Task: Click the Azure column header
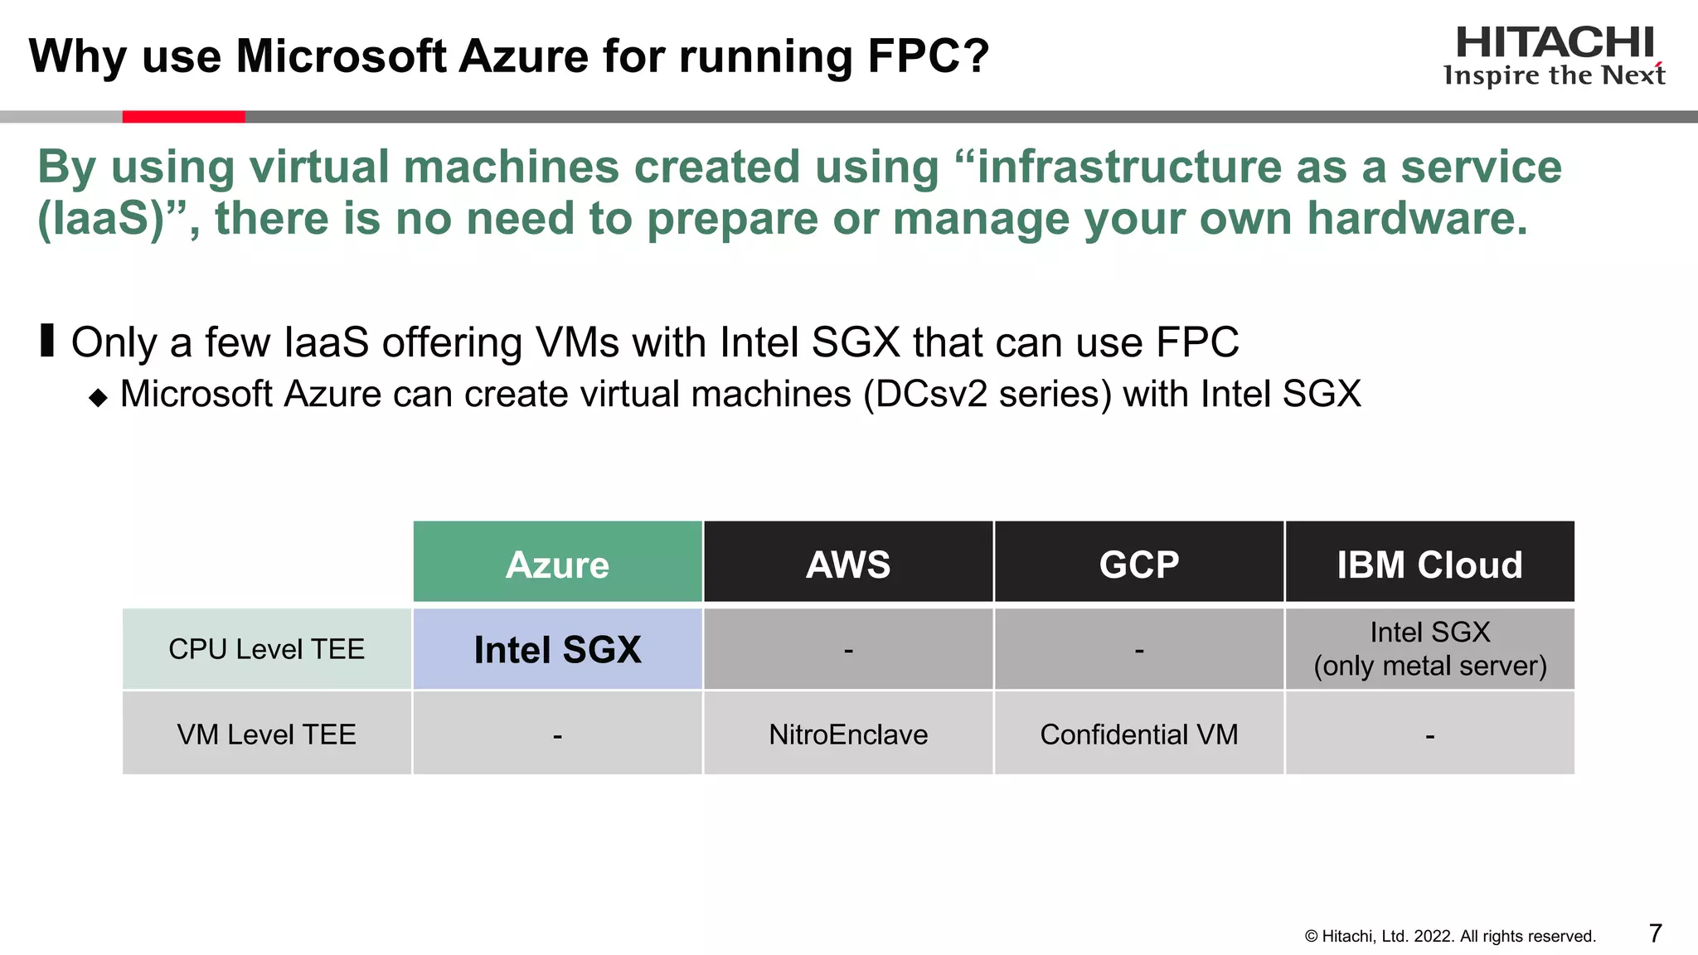click(557, 564)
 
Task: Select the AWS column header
click(848, 564)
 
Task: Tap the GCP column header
click(1139, 564)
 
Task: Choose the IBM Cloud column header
click(1429, 564)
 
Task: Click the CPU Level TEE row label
click(266, 649)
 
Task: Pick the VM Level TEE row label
click(266, 734)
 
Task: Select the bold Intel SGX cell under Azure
click(557, 649)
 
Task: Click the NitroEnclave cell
click(848, 734)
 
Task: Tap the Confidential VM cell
click(1139, 734)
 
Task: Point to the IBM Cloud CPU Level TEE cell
click(1429, 649)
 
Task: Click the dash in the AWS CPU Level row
click(848, 651)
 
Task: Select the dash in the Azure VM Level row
click(557, 736)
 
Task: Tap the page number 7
click(1655, 933)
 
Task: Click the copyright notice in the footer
click(1450, 936)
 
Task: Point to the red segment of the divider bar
click(183, 117)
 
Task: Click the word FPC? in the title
click(928, 56)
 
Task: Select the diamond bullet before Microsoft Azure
click(98, 398)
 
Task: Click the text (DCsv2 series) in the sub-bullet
click(987, 394)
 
